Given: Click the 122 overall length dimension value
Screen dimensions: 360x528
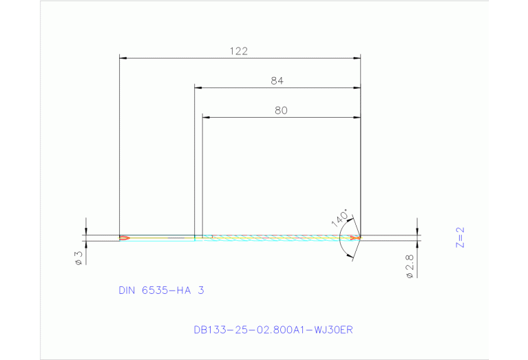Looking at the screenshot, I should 239,51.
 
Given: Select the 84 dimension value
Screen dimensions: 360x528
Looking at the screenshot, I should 277,81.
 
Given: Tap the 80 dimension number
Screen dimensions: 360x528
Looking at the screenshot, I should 280,109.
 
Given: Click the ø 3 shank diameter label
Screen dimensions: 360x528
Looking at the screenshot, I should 78,257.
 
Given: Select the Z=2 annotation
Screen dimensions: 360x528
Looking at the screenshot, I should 461,237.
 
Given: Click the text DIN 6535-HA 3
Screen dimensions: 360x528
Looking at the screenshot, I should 161,290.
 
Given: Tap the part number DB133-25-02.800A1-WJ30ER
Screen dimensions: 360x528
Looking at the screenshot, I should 273,329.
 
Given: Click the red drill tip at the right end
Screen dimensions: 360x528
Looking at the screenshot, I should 355,238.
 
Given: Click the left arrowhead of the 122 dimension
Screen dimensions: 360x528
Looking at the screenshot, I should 123,59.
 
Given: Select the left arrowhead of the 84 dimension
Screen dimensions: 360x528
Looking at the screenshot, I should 198,88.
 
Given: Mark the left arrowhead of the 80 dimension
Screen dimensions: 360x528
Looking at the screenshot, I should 206,117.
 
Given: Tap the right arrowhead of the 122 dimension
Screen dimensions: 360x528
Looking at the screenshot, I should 357,59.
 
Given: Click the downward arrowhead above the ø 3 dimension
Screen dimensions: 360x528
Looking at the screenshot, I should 86,231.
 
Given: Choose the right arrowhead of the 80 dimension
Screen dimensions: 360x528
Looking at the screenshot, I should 357,117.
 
